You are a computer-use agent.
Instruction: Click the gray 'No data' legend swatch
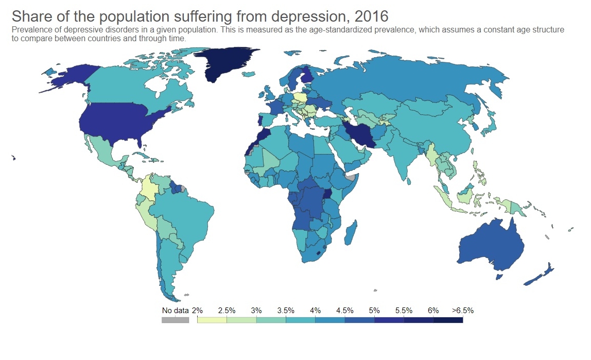175,320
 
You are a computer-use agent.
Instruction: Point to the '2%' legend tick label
197,311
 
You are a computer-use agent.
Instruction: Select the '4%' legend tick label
315,311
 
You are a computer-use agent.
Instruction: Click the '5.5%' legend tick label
404,311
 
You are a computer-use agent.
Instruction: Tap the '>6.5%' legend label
462,311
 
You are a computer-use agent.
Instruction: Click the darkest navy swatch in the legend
448,320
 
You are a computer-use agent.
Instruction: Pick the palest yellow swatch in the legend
212,320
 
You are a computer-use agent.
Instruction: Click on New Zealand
541,276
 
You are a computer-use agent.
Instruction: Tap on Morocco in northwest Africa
260,138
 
